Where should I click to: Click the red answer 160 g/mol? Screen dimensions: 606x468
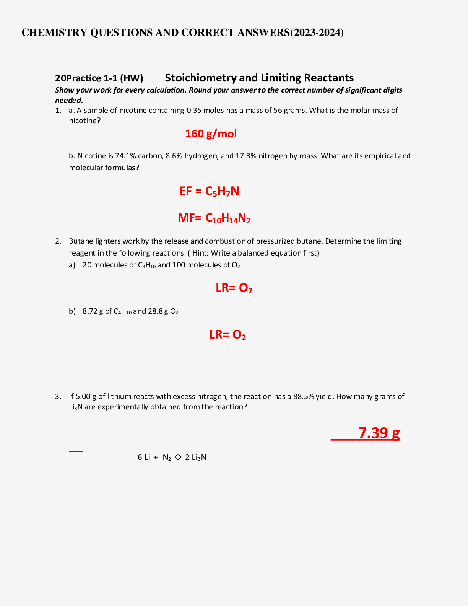click(x=211, y=134)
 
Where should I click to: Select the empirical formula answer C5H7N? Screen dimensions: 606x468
click(x=222, y=191)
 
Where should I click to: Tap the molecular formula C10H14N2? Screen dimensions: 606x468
click(x=228, y=218)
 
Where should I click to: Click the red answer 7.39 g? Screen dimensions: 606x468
click(x=379, y=433)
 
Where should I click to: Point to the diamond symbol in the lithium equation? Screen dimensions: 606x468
click(x=178, y=457)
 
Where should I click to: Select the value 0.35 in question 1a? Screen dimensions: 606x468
click(x=194, y=111)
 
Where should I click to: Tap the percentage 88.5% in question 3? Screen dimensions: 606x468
click(x=303, y=396)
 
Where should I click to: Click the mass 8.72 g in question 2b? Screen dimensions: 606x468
click(x=93, y=311)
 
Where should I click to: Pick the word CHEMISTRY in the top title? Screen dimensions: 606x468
click(x=54, y=33)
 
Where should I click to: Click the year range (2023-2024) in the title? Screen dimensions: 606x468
click(x=317, y=33)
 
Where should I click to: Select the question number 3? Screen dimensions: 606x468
click(x=58, y=396)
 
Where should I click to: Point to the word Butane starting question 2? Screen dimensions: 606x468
click(x=81, y=241)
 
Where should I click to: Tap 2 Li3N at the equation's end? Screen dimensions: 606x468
click(x=195, y=457)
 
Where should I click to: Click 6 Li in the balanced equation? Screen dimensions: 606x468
click(x=144, y=457)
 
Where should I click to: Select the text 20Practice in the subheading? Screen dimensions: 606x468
click(x=78, y=78)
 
